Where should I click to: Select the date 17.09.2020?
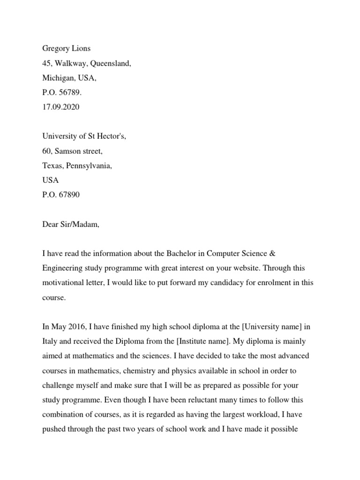click(61, 107)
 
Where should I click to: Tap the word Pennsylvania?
click(90, 165)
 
